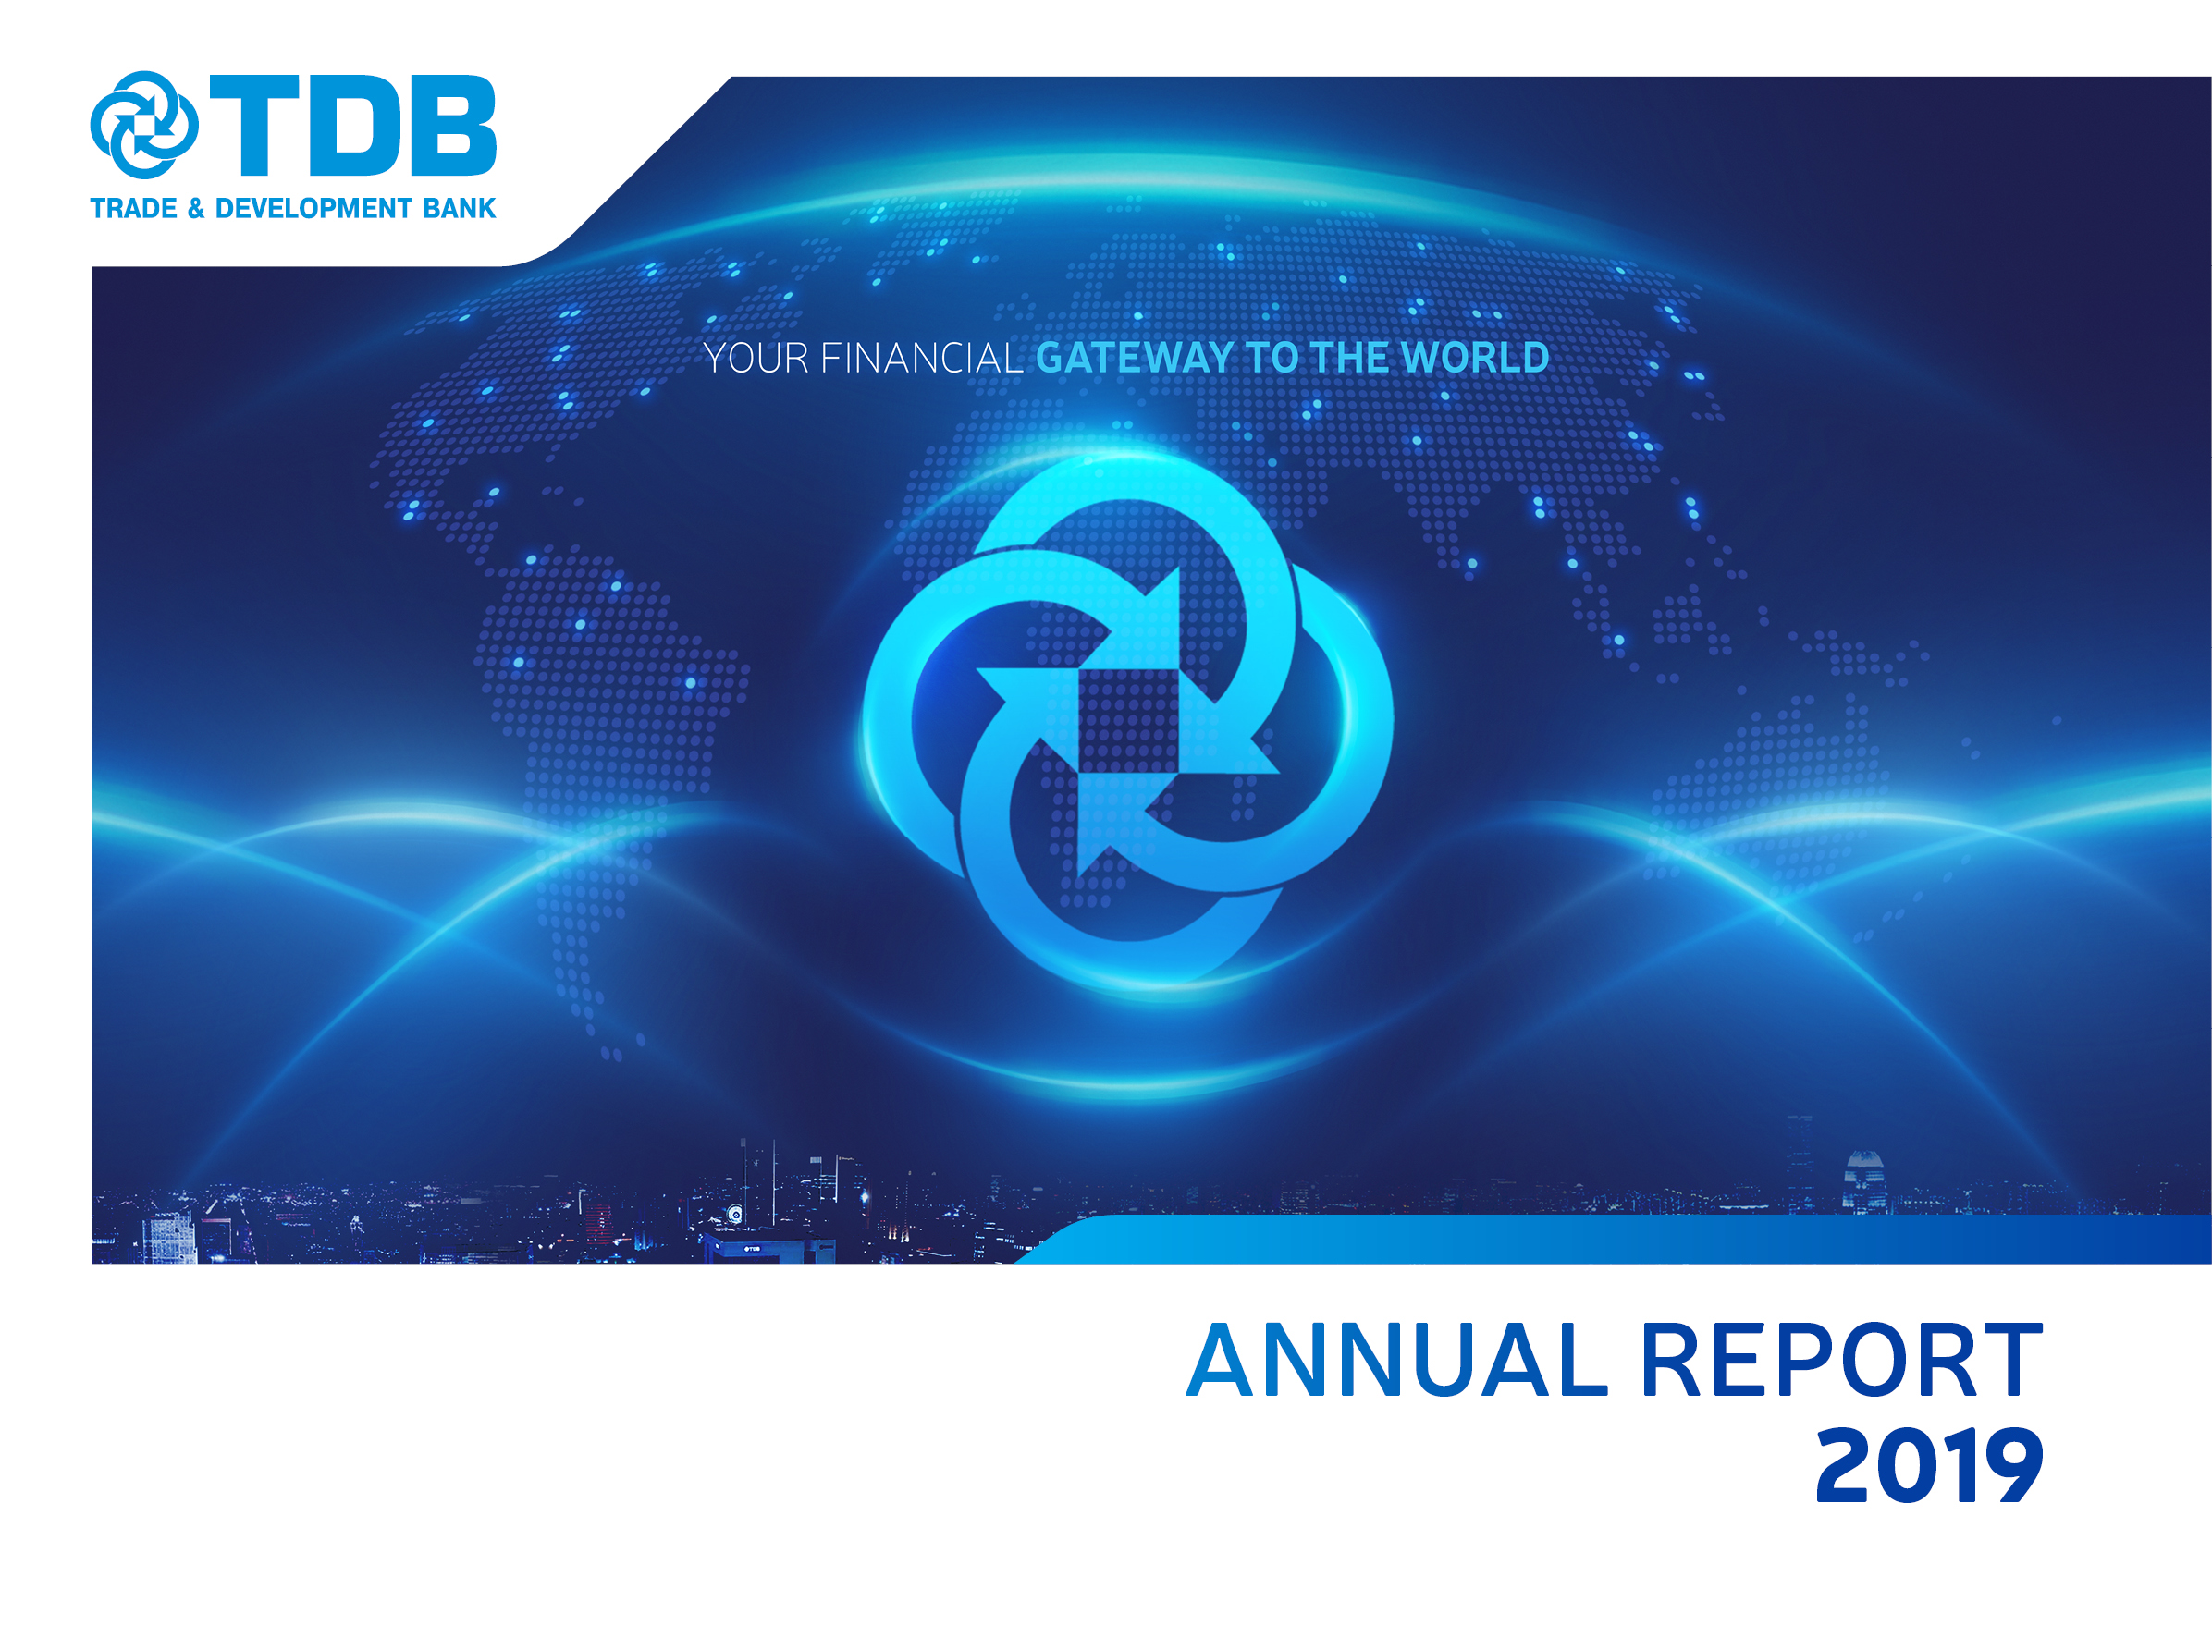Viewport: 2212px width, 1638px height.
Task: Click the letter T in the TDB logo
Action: pos(254,124)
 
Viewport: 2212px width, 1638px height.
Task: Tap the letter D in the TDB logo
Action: pos(355,124)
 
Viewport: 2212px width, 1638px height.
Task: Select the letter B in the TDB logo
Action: pos(453,124)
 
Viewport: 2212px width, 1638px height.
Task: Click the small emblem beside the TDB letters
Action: pos(144,125)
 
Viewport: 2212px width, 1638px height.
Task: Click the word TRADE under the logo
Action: pos(133,208)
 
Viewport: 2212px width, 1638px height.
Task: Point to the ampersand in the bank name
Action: pos(195,208)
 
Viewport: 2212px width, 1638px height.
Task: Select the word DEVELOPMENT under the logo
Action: pos(313,208)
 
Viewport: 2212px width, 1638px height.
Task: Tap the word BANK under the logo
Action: pos(460,208)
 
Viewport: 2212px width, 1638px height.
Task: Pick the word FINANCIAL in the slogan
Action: pos(921,358)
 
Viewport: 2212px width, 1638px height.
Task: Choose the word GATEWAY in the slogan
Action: pos(1135,358)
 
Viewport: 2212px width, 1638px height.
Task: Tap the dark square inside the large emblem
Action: pos(1125,721)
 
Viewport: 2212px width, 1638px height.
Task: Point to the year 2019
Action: pos(1929,1465)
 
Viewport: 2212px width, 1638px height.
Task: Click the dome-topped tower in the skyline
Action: pos(1864,1181)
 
